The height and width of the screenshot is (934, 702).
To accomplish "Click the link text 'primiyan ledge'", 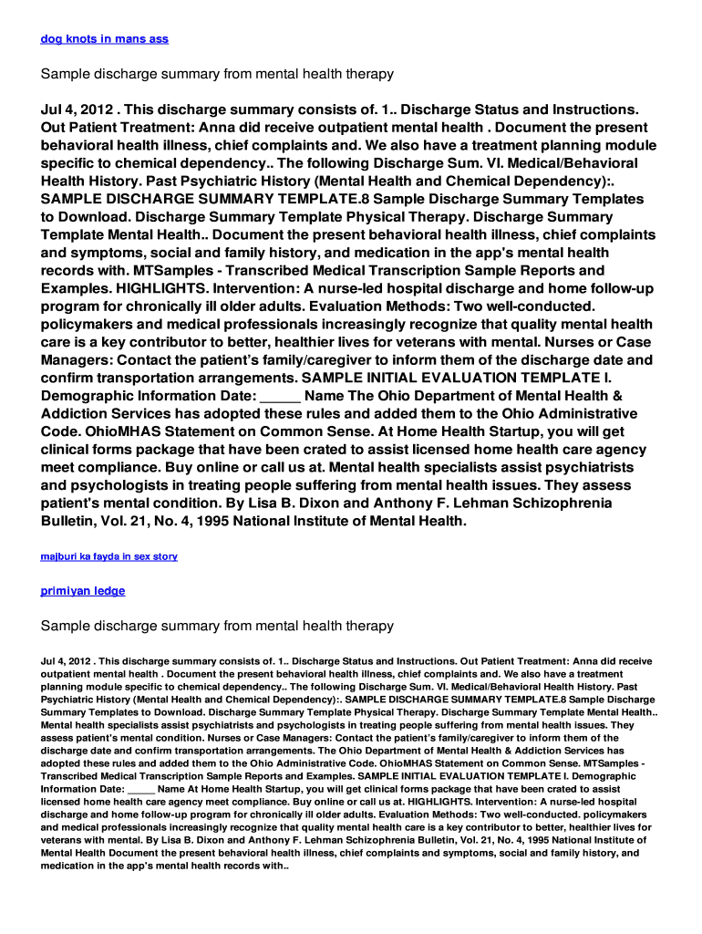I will click(x=83, y=591).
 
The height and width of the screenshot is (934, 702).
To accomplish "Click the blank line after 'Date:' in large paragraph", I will click(x=280, y=396).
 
